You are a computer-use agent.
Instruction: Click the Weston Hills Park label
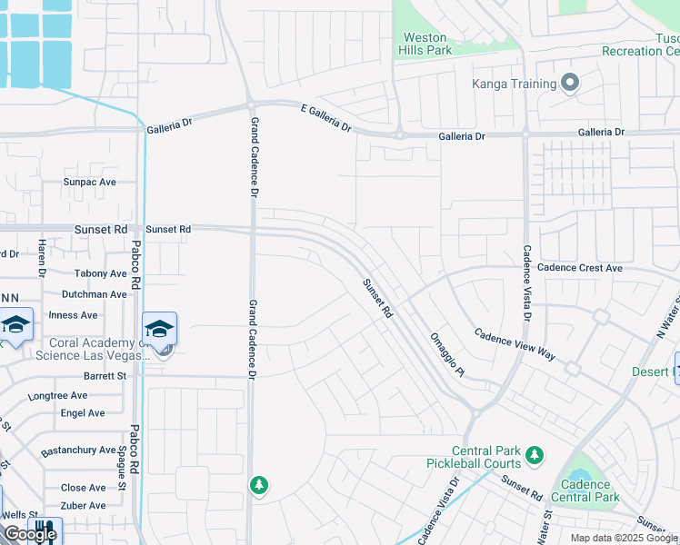[x=425, y=45]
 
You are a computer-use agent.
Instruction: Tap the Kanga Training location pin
[x=570, y=84]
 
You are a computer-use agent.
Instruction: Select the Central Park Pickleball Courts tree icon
[x=535, y=453]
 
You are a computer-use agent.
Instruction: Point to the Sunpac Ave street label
[x=90, y=182]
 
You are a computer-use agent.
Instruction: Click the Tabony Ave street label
[x=100, y=273]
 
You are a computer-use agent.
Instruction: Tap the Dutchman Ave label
[x=95, y=294]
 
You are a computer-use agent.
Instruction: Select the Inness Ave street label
[x=73, y=315]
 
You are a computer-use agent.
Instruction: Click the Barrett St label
[x=105, y=375]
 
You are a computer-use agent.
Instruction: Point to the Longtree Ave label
[x=57, y=396]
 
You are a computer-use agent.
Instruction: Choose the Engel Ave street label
[x=83, y=412]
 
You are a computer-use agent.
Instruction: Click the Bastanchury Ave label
[x=79, y=450]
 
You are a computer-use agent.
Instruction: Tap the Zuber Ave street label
[x=84, y=506]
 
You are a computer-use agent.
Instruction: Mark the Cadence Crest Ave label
[x=580, y=268]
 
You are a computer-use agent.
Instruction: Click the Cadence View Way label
[x=515, y=345]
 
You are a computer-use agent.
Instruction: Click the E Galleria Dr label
[x=326, y=118]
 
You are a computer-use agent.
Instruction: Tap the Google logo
[x=29, y=534]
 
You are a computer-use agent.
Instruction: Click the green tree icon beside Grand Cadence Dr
[x=259, y=485]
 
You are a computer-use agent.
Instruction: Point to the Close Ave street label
[x=84, y=488]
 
